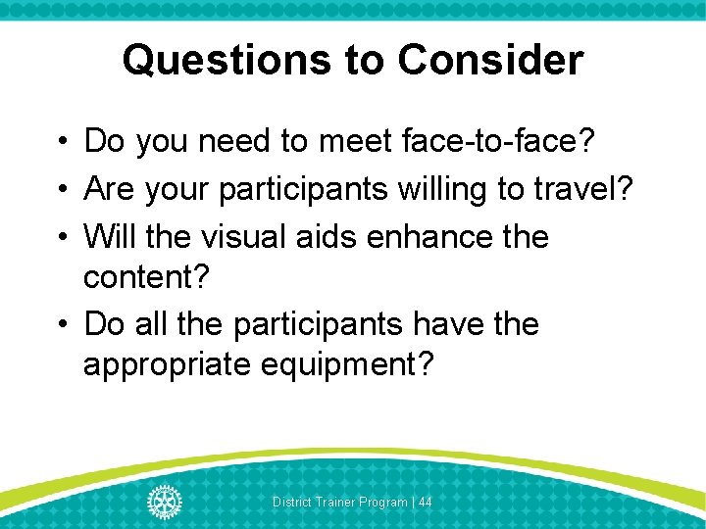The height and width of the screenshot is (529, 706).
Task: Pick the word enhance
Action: pos(432,236)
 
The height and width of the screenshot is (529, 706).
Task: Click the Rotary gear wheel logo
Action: pos(164,502)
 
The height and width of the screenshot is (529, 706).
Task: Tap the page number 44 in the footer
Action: pos(425,502)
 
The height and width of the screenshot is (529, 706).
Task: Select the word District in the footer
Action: pos(290,502)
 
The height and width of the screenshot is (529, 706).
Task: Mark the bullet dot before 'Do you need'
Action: pos(60,143)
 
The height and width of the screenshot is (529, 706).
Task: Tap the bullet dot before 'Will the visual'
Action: pos(60,237)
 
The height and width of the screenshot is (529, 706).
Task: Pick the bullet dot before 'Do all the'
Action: pos(60,324)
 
